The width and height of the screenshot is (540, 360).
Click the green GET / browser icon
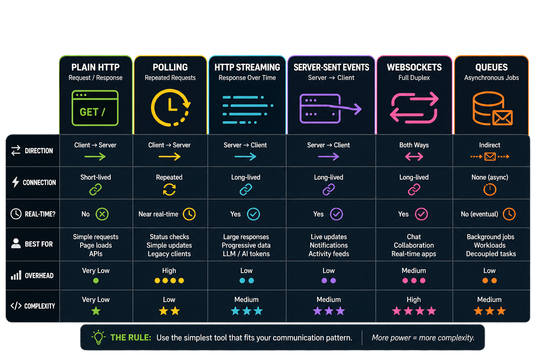pos(95,108)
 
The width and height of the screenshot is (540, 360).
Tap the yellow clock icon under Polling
pos(171,108)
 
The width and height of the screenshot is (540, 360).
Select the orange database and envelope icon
pos(492,108)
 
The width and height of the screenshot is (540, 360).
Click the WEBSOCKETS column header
pos(414,67)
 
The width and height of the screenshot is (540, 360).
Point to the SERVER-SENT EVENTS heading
pos(331,67)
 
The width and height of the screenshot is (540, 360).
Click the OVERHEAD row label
pos(39,276)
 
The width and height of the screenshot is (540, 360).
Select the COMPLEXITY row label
pos(39,306)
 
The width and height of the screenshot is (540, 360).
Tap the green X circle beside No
pos(102,214)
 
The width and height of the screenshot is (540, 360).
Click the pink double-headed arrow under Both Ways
pos(414,157)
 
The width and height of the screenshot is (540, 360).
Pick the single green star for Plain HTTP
pos(96,311)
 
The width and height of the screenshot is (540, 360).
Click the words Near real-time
pos(159,214)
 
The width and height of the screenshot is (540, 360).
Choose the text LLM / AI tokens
pos(246,254)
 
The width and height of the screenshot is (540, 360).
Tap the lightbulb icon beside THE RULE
pos(98,337)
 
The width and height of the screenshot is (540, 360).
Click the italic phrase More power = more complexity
pos(423,337)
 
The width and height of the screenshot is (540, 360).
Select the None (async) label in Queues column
pos(490,177)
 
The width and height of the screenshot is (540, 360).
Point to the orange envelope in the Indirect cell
pos(490,157)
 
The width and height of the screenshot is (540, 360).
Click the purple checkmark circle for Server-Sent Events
pos(336,214)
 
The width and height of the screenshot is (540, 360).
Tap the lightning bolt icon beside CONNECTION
pos(16,182)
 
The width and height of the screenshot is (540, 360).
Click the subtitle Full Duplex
pos(414,78)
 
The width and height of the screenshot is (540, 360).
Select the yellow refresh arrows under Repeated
pos(169,189)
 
